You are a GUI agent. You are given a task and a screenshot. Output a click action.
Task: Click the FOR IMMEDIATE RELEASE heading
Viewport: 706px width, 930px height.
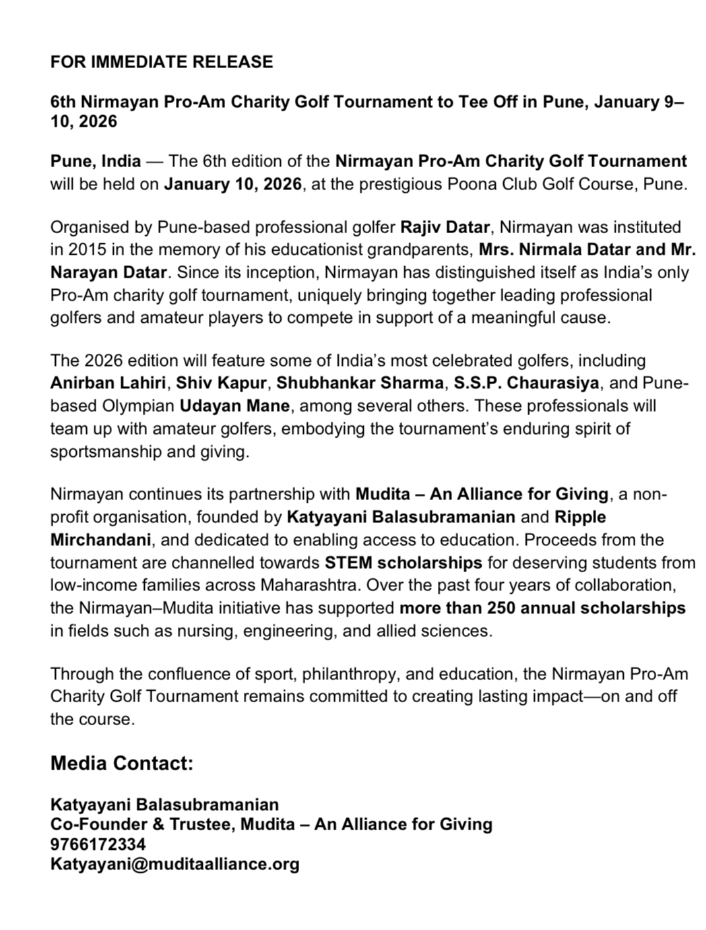[x=162, y=62]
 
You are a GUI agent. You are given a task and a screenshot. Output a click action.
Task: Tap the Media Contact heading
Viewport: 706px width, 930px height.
[x=122, y=764]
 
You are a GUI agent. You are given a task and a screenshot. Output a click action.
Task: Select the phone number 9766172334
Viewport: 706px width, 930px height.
[x=98, y=844]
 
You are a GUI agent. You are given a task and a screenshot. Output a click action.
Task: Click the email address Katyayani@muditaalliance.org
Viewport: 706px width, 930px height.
[x=174, y=864]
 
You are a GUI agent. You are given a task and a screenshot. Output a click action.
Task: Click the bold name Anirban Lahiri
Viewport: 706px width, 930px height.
[x=108, y=383]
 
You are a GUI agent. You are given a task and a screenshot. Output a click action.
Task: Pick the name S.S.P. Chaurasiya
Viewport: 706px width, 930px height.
[x=526, y=383]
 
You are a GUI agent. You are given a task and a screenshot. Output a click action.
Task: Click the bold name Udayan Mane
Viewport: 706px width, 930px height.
[x=234, y=406]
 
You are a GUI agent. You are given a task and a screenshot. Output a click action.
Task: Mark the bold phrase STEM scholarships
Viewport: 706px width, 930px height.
[x=403, y=563]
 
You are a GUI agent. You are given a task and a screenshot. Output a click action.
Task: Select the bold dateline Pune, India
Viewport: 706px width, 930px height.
[x=96, y=162]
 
